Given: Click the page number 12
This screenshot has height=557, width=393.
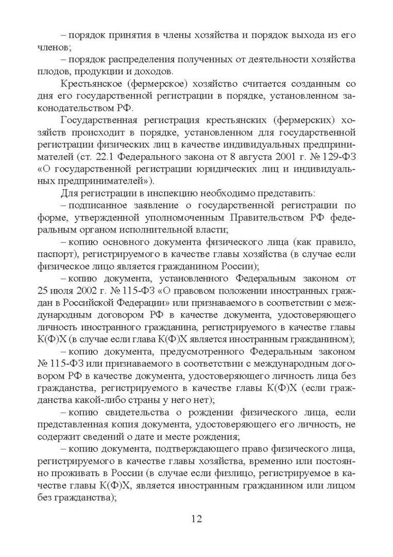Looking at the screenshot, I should click(196, 518).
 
